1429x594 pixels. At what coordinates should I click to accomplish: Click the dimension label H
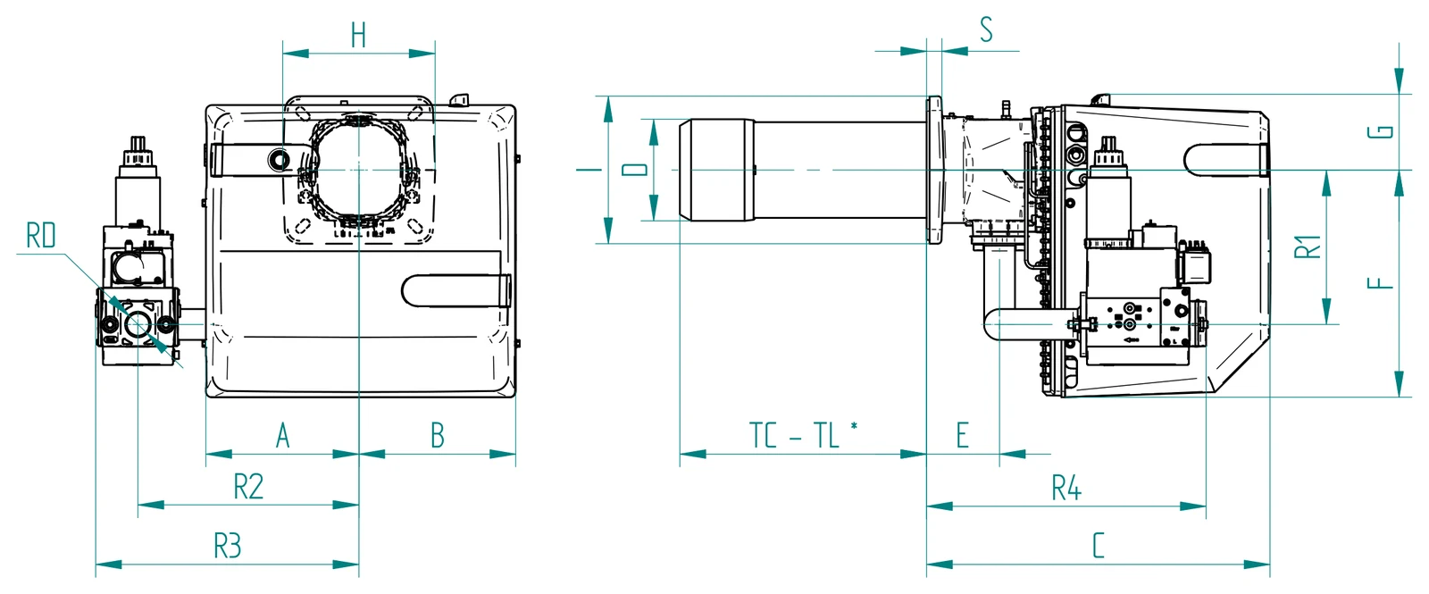pos(358,35)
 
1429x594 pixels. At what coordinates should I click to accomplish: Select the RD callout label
pos(41,235)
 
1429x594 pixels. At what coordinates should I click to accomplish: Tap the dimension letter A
pos(282,436)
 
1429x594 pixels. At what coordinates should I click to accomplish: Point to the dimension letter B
pos(437,436)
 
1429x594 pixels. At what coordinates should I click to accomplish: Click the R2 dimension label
pos(248,487)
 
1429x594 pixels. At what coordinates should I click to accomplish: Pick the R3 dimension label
pos(227,546)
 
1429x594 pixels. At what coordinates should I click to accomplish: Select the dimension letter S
pos(986,29)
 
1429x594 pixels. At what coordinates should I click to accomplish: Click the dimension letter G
pos(1381,132)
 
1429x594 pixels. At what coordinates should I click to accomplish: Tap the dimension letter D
pos(635,169)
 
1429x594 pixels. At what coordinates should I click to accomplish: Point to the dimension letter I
pos(589,170)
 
